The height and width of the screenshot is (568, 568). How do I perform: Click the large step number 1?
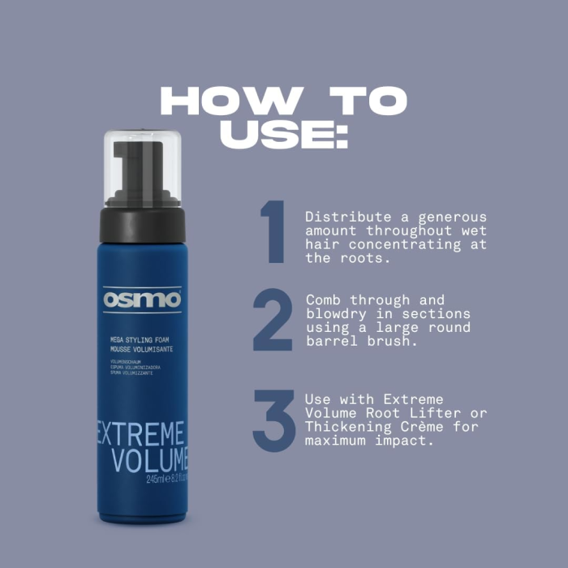(x=273, y=232)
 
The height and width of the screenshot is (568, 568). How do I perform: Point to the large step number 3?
(x=273, y=420)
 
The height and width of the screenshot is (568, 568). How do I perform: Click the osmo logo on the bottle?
(x=143, y=299)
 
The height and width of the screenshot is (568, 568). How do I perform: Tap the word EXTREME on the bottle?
(x=143, y=432)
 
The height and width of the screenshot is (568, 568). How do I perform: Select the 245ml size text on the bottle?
(x=156, y=480)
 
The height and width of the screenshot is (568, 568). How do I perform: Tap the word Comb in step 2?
(x=324, y=300)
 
